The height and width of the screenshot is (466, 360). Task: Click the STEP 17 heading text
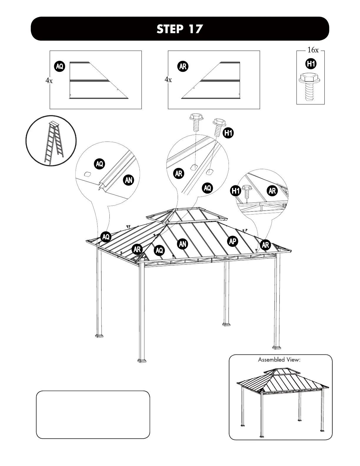(180, 29)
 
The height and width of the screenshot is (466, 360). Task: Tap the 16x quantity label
(313, 50)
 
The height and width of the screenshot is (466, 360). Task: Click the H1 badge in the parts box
(311, 64)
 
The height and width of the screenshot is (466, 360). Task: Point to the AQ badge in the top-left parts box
(60, 66)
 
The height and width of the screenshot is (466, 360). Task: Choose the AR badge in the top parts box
(183, 66)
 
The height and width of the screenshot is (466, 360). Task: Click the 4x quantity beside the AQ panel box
(49, 81)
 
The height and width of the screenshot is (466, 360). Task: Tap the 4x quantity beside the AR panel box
(168, 80)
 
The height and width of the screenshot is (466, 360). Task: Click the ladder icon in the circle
(51, 141)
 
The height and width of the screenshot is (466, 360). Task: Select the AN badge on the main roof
(183, 244)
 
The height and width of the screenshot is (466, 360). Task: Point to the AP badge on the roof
(233, 242)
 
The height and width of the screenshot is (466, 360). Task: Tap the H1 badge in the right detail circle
(236, 191)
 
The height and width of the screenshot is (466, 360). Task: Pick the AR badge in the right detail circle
(272, 191)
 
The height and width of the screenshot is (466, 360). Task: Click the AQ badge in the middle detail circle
(207, 188)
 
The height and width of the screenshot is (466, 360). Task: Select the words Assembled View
(279, 360)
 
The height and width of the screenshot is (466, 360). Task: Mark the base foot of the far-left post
(99, 335)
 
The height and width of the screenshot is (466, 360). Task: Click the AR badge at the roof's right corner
(265, 245)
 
